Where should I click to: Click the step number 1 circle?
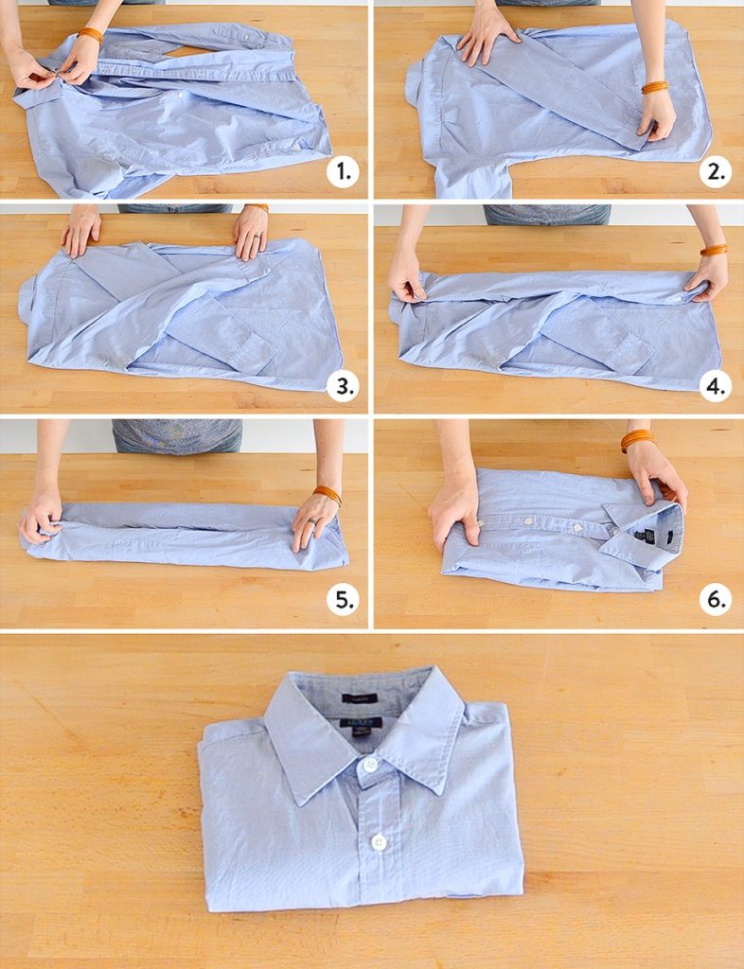pos(343,172)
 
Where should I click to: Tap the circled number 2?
pos(716,172)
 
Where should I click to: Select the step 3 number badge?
pos(343,386)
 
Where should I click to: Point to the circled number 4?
pos(716,386)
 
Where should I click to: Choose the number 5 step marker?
pos(343,600)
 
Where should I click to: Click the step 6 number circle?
pos(716,600)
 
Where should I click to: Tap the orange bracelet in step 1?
pos(91,34)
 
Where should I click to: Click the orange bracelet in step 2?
pos(654,87)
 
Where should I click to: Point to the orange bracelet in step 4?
pos(714,250)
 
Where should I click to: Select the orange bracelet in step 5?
pos(328,493)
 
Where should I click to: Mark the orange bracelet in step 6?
pos(637,439)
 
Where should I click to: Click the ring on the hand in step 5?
pos(311,520)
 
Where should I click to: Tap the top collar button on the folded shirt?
pos(370,764)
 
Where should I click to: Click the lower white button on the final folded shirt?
pos(379,840)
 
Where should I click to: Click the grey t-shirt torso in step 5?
pos(177,436)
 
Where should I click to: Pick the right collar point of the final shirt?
pos(440,793)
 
